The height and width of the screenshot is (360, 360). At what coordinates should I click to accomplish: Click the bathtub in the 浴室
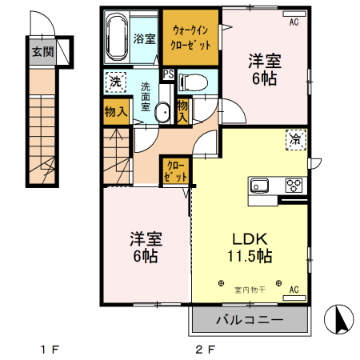coord(117,38)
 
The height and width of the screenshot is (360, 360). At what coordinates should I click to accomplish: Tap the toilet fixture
coord(194,82)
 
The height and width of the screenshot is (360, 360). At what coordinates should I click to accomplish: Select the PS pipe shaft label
coord(169,74)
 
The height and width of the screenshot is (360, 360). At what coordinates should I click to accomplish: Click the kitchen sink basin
coord(259,185)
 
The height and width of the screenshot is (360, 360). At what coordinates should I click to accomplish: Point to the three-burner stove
coord(294,185)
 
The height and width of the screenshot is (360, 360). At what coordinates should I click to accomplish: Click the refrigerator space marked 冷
coord(296,140)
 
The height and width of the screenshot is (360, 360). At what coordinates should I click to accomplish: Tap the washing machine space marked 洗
coord(116,82)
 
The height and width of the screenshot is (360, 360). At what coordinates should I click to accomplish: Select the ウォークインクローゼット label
coord(190,38)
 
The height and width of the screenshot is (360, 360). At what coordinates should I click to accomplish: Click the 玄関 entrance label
coord(43,52)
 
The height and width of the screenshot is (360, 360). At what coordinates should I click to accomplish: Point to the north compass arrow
coord(341,319)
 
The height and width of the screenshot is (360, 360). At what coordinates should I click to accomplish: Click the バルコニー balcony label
coord(250,319)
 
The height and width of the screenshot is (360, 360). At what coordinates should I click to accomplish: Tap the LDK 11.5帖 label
coord(250,247)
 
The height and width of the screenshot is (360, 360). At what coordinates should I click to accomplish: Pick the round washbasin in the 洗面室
coord(162,113)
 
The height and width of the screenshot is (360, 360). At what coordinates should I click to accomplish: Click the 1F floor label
coord(50,350)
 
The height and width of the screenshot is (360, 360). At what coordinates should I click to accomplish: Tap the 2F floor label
coord(206,350)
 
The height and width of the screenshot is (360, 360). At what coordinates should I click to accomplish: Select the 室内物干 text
coord(250,290)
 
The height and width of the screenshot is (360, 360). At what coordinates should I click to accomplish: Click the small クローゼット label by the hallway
coord(175,171)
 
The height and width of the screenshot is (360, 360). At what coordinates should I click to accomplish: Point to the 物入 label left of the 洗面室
coord(116,111)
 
